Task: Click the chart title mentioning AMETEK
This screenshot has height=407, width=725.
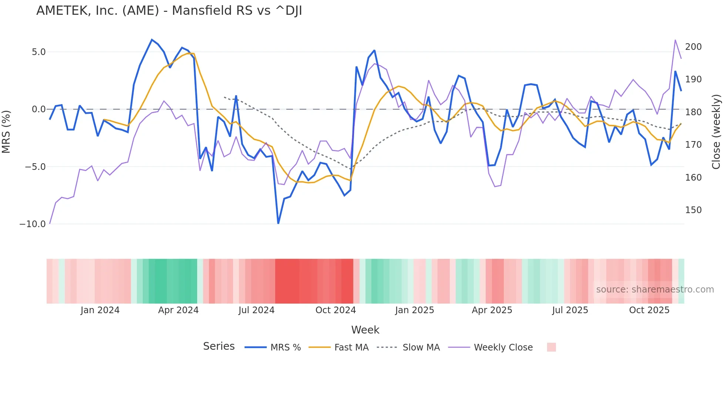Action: (169, 11)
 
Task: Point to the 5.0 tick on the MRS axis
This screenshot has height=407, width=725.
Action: (38, 52)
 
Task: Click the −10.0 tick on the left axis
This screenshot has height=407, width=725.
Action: (33, 224)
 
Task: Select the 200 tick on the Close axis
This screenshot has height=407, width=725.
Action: (693, 47)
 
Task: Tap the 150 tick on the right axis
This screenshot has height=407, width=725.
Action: (693, 210)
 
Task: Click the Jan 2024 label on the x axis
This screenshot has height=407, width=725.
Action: (100, 310)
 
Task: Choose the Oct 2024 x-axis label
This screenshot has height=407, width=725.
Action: (335, 310)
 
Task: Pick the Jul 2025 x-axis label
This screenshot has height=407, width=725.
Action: (570, 310)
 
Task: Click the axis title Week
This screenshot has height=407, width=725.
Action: (365, 330)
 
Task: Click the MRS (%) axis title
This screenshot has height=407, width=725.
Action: (6, 131)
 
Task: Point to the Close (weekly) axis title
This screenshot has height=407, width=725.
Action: (716, 131)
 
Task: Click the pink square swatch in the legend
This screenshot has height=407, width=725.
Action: (551, 347)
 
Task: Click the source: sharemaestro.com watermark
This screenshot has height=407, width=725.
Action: (655, 290)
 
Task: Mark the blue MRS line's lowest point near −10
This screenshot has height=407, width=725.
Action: (278, 223)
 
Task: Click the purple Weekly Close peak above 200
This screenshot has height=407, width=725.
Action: (675, 40)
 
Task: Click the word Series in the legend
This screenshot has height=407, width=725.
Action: (219, 346)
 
